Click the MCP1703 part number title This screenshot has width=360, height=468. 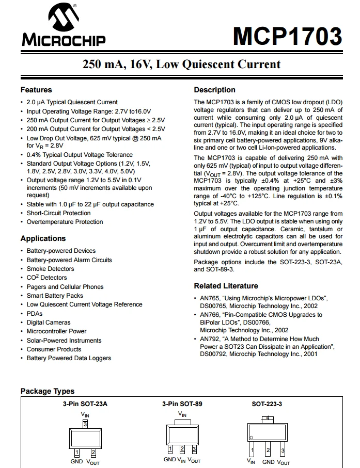tap(287, 36)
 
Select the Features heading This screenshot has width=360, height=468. tap(36, 90)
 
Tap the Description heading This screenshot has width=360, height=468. tap(214, 90)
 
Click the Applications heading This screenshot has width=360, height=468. tap(43, 238)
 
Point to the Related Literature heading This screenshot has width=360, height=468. tap(226, 286)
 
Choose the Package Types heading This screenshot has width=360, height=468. tap(48, 391)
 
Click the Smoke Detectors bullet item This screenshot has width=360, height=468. tap(51, 269)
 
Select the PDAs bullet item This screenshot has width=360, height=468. tap(35, 314)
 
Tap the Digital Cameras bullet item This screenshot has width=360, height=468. tap(49, 322)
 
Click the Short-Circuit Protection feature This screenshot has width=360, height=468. tap(58, 213)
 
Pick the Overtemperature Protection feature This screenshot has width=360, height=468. tap(65, 222)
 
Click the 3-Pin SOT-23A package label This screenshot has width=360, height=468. tap(85, 404)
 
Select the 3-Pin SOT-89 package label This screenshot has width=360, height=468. tap(182, 404)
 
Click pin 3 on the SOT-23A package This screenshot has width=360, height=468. tap(85, 425)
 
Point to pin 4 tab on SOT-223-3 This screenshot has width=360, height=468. tap(267, 418)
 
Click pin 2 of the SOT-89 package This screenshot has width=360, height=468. tap(182, 449)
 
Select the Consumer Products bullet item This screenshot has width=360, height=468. tap(54, 349)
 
